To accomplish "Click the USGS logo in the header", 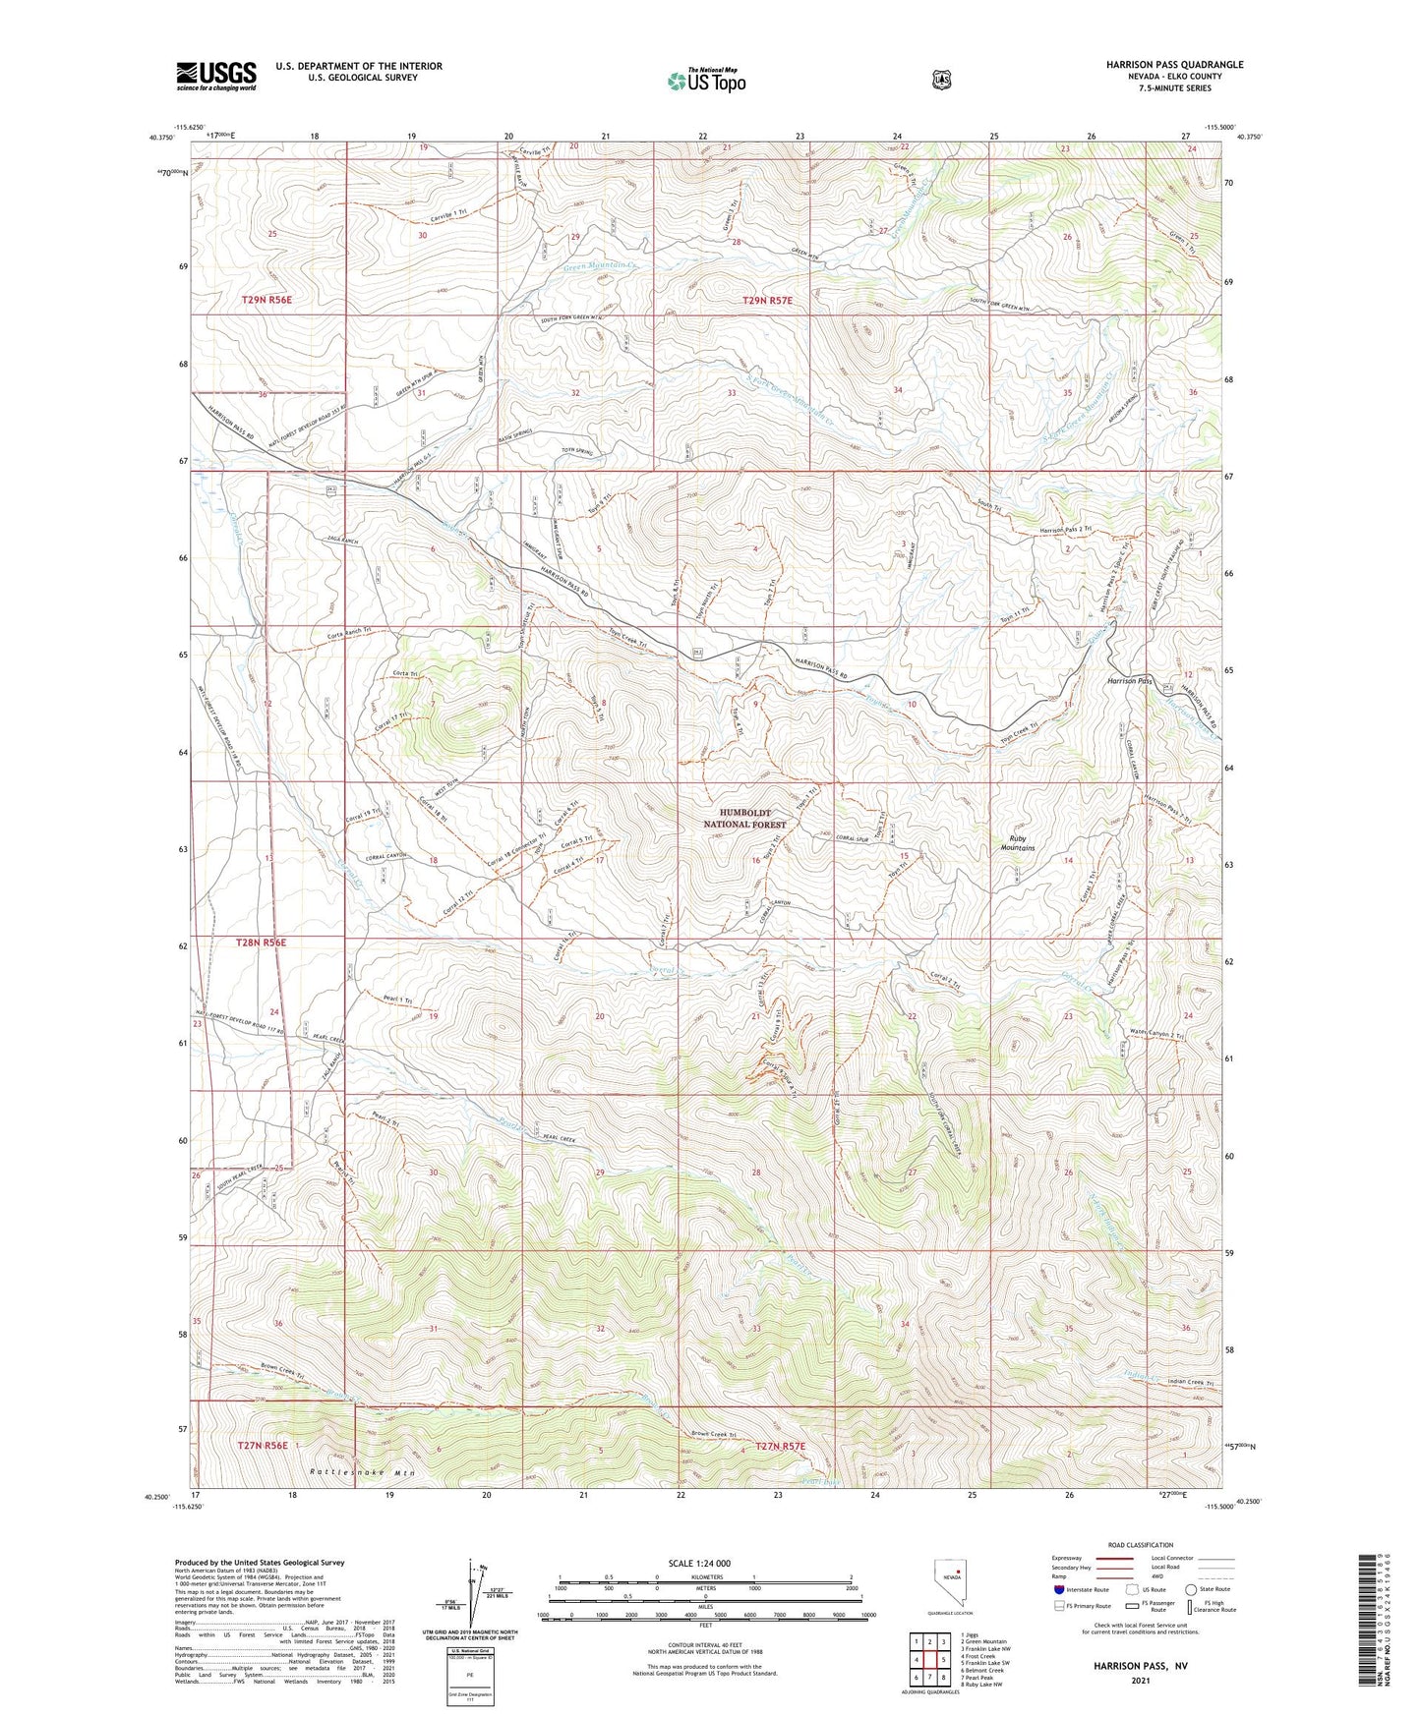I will pyautogui.click(x=216, y=76).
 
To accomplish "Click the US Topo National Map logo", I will pyautogui.click(x=705, y=81).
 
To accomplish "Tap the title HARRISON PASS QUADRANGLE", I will pyautogui.click(x=1174, y=65).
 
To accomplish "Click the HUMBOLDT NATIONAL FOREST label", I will pyautogui.click(x=752, y=819).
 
